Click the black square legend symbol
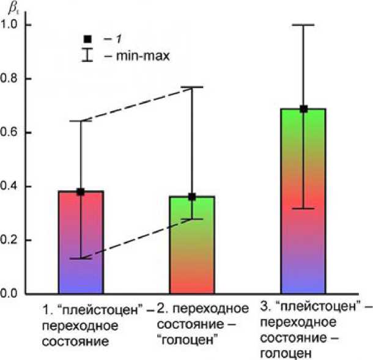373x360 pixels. (x=87, y=40)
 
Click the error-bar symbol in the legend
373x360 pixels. (x=87, y=56)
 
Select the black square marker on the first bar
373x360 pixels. (x=80, y=192)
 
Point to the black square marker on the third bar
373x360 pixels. (x=303, y=109)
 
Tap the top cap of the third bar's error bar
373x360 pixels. (x=303, y=25)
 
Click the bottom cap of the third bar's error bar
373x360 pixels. (x=303, y=208)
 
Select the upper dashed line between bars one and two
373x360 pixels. (x=136, y=104)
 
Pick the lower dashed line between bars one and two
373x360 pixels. (x=136, y=238)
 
